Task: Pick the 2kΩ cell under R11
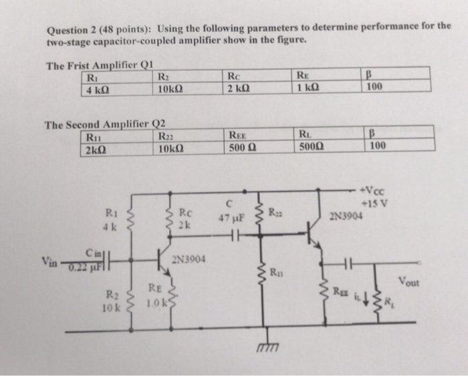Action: coord(97,149)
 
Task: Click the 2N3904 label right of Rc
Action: coord(191,260)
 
